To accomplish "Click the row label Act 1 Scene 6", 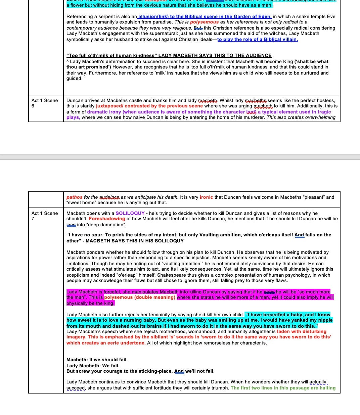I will click(x=45, y=103).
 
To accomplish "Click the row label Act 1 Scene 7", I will click(x=45, y=216).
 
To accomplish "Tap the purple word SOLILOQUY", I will click(x=130, y=213).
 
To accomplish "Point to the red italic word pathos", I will click(x=74, y=197).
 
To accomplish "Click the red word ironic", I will click(x=206, y=197).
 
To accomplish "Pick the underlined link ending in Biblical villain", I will click(x=258, y=39).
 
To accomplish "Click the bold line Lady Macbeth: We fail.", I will click(x=93, y=366).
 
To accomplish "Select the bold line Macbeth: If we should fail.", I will click(x=97, y=360).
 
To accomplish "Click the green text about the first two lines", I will click(x=283, y=388).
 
